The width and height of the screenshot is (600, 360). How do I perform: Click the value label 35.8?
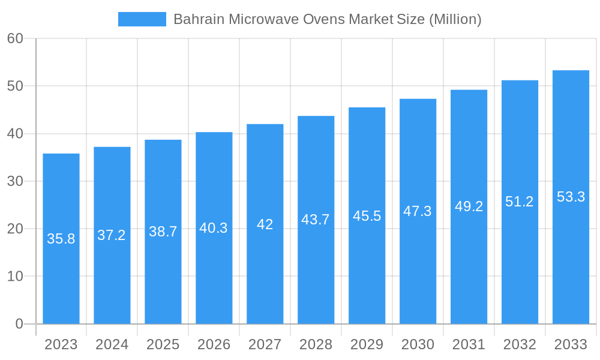[61, 239]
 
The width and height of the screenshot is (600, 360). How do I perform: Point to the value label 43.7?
[316, 220]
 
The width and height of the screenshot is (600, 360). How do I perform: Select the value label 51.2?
[520, 202]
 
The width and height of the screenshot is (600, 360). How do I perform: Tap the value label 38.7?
[163, 232]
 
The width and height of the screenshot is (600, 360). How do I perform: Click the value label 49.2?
[469, 206]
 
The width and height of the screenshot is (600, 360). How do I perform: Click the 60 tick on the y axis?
[15, 38]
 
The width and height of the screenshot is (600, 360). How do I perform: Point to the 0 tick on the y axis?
[19, 324]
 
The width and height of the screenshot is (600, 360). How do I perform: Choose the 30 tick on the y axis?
[15, 181]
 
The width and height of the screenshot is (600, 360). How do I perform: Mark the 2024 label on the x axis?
[112, 344]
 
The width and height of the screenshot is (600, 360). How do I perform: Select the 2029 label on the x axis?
[367, 344]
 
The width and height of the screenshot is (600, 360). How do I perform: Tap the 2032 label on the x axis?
[520, 344]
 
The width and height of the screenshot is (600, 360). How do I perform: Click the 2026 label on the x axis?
[214, 344]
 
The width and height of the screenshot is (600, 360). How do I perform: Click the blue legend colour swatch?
[142, 19]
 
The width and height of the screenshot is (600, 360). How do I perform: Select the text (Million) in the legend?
[455, 19]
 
